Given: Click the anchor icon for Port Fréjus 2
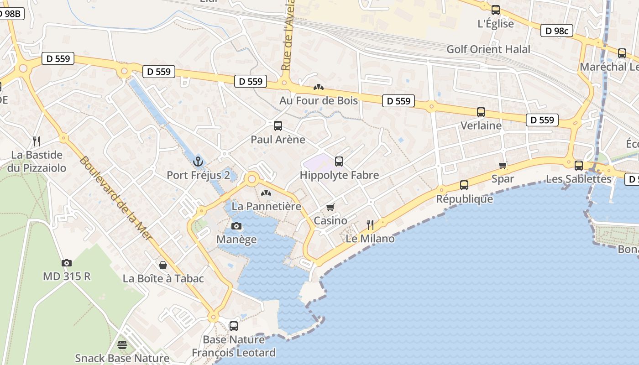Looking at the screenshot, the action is (198, 161).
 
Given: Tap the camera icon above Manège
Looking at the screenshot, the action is (236, 226).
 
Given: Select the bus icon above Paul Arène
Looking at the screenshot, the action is (278, 126).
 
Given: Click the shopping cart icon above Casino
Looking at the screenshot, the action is (330, 207).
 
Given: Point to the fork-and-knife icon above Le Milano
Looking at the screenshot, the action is (370, 224).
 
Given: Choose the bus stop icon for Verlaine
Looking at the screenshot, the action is (481, 112).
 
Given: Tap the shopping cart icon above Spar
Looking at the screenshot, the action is (503, 165).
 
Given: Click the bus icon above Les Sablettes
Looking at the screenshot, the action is (579, 165).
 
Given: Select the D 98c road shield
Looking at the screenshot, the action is (557, 31).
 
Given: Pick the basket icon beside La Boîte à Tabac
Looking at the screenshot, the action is (163, 265).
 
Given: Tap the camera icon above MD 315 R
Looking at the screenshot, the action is (67, 263).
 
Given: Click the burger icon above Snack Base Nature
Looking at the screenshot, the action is (122, 344).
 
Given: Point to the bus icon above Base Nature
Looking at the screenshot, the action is (234, 326).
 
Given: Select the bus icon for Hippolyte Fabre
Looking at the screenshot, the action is (339, 161).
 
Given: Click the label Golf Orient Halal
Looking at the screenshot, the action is (488, 49).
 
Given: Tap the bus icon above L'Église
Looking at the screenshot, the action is (496, 10).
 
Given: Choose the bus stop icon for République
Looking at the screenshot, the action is (464, 185).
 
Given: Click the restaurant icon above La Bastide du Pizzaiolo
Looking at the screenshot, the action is (37, 141).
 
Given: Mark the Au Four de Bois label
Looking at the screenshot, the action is (319, 100).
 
